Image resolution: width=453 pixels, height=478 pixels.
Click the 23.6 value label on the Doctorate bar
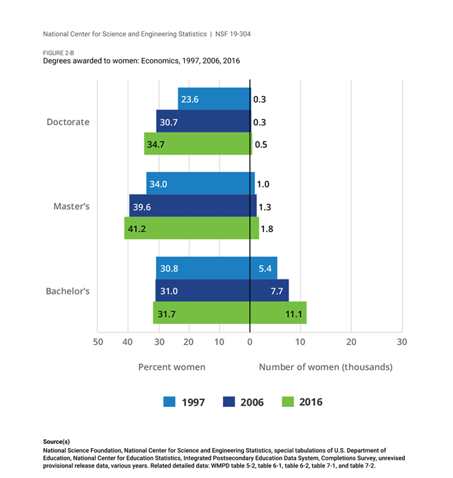190,100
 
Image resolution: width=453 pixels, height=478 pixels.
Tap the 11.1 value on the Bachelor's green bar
293,314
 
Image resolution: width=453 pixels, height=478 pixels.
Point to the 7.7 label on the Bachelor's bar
277,291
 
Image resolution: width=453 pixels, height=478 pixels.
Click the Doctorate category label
68,122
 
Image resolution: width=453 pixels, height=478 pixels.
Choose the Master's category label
72,207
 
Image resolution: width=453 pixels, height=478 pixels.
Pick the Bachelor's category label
68,291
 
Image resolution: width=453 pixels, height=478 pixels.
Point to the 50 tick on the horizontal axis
98,342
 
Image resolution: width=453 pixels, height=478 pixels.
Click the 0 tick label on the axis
249,342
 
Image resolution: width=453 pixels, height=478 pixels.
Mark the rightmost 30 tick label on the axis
401,342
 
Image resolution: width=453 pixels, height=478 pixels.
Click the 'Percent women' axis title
171,367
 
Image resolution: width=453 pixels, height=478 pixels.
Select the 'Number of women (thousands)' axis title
325,367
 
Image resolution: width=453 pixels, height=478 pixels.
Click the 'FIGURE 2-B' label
59,52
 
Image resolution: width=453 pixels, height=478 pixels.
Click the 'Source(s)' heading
56,442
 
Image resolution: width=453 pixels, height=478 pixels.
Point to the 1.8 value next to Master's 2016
266,229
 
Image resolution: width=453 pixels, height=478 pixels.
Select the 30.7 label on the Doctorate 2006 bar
169,122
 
